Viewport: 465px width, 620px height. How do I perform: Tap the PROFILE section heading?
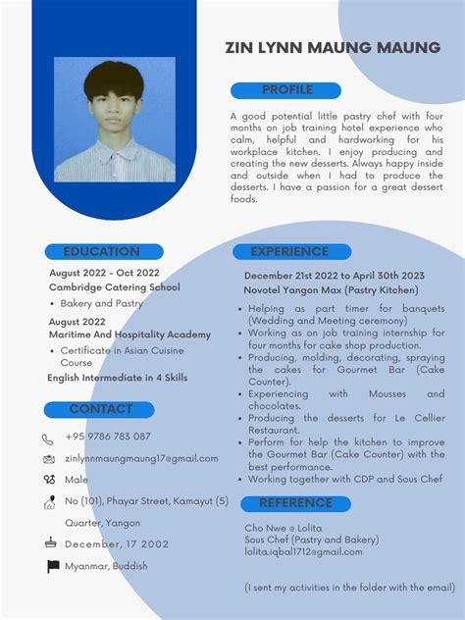pos(287,90)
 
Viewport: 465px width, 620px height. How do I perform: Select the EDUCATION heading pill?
pos(101,252)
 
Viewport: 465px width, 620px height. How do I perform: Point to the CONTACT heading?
pos(100,409)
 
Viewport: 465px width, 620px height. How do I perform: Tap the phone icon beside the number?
pos(49,439)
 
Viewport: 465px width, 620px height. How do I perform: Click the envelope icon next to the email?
pos(49,459)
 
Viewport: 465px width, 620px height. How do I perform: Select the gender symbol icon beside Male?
pos(49,480)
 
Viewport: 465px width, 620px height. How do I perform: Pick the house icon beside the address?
pos(49,502)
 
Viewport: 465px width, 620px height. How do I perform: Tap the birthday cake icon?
pos(49,543)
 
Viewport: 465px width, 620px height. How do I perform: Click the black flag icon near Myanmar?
pos(53,566)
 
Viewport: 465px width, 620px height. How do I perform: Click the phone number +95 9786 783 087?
pos(108,437)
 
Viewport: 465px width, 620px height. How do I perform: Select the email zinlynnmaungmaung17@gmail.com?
pos(141,458)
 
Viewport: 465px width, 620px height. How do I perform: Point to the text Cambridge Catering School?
pos(115,287)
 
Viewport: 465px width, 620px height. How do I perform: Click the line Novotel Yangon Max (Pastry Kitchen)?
pos(332,290)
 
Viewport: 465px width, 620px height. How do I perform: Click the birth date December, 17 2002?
pos(117,543)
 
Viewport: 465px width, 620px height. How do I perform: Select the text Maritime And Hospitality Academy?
pos(129,335)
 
